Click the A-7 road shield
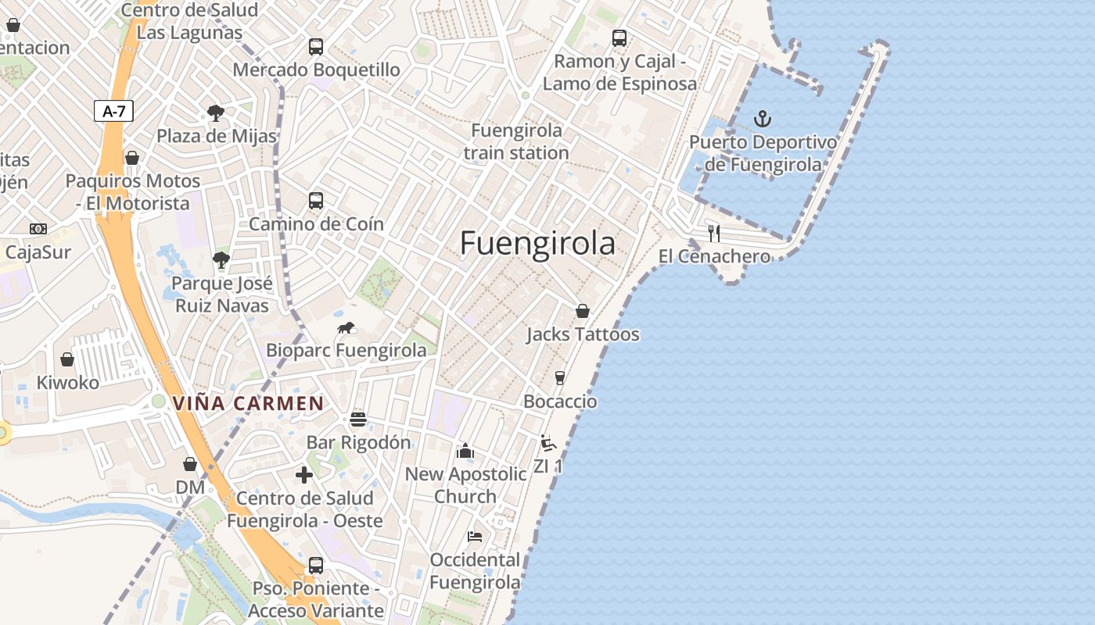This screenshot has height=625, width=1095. click(113, 111)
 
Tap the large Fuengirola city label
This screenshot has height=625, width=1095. click(537, 244)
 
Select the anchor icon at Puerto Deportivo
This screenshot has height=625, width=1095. click(762, 120)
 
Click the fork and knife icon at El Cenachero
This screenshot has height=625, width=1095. click(713, 233)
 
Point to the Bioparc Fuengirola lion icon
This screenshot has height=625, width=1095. click(346, 327)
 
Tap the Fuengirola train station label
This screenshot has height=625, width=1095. click(516, 141)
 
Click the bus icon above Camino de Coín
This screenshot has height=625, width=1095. click(316, 201)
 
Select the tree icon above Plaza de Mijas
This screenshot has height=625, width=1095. click(215, 113)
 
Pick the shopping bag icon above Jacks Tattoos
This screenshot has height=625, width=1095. click(582, 311)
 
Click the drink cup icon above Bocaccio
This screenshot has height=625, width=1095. click(559, 378)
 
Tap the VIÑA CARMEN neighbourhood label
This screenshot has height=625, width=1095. click(248, 403)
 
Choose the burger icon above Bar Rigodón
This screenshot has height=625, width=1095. click(358, 420)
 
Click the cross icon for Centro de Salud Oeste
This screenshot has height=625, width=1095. click(304, 474)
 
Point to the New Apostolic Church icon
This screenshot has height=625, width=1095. click(465, 451)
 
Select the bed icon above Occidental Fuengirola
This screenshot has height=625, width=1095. click(474, 536)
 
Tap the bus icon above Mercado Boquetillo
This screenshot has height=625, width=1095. click(316, 46)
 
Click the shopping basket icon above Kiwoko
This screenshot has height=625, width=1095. click(67, 359)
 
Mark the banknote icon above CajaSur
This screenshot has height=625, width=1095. click(38, 229)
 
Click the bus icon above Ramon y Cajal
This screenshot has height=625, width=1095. click(619, 37)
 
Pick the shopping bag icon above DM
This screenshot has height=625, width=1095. click(189, 464)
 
